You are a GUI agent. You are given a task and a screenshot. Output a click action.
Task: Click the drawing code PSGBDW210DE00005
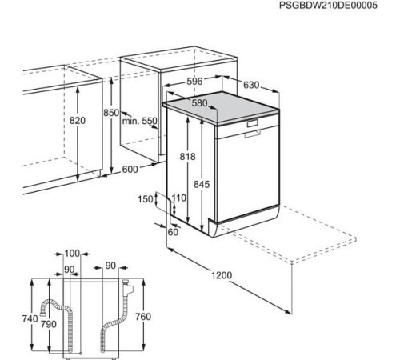328,6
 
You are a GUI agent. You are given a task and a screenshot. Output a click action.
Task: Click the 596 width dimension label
194,82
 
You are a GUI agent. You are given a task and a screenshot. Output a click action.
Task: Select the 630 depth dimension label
251,85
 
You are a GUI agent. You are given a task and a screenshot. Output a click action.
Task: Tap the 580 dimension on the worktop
199,103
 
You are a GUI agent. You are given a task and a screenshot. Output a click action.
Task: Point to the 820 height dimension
78,121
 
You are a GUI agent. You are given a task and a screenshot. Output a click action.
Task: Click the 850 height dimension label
111,113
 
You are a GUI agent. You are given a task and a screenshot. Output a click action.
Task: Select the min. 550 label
140,121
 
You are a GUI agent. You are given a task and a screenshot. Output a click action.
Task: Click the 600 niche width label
130,170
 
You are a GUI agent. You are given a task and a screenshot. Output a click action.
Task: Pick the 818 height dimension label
187,157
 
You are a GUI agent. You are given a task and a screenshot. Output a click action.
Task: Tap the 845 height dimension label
202,184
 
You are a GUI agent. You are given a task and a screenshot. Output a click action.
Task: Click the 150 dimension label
146,199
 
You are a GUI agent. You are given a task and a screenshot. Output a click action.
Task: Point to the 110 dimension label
178,198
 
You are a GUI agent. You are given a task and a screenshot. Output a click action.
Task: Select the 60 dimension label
173,232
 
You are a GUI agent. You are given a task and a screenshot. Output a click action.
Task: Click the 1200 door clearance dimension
222,275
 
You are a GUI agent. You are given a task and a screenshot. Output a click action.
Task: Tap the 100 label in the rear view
72,254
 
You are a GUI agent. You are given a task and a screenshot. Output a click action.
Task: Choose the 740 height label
30,318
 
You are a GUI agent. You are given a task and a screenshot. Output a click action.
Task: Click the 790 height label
49,324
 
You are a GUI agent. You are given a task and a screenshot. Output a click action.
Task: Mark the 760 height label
143,317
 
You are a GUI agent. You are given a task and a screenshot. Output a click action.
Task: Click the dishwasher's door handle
253,134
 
